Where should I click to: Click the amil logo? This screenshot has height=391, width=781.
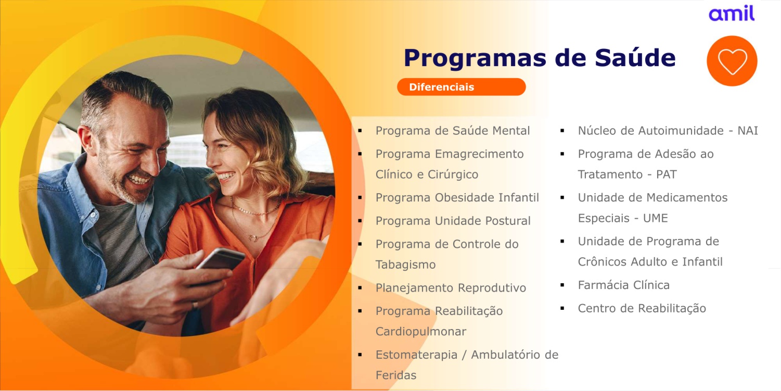pyautogui.click(x=732, y=14)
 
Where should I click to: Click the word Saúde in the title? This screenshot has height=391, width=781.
pyautogui.click(x=635, y=58)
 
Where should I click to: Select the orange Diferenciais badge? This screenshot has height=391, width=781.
pyautogui.click(x=462, y=87)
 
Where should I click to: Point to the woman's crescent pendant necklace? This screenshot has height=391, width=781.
pyautogui.click(x=254, y=238)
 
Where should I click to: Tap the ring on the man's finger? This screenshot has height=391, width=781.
pyautogui.click(x=195, y=305)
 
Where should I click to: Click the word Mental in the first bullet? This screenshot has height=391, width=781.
pyautogui.click(x=511, y=131)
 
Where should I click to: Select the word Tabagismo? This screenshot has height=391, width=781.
pyautogui.click(x=405, y=264)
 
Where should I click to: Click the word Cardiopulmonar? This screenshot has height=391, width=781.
pyautogui.click(x=421, y=331)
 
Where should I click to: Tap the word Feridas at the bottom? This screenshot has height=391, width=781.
pyautogui.click(x=396, y=375)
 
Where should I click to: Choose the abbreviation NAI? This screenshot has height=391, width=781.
pyautogui.click(x=748, y=131)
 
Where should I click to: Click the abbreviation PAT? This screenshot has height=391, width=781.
pyautogui.click(x=667, y=174)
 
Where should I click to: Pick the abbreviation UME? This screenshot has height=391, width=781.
pyautogui.click(x=656, y=218)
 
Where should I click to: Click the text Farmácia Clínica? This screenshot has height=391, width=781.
pyautogui.click(x=624, y=285)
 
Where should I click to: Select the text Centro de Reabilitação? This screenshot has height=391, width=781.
pyautogui.click(x=642, y=308)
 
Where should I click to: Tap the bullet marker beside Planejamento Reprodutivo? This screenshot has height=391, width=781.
pyautogui.click(x=360, y=288)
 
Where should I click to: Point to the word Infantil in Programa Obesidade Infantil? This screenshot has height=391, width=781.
pyautogui.click(x=519, y=198)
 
